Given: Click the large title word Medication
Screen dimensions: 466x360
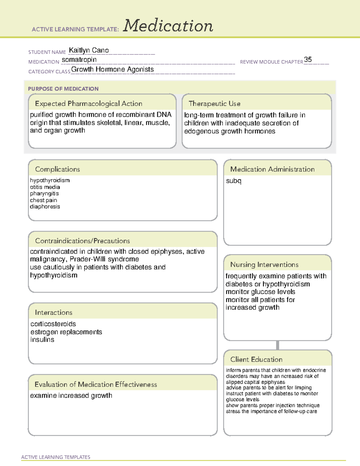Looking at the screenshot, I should coord(168,26).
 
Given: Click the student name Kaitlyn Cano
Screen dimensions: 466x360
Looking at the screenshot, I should coord(89,50).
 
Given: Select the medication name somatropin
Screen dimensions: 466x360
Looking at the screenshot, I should coord(79,60).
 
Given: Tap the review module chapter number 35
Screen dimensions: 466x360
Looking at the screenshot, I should coord(308,59).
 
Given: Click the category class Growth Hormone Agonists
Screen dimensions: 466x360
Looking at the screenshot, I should coord(112,69).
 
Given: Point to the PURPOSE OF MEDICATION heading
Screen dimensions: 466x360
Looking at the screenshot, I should coord(63,89).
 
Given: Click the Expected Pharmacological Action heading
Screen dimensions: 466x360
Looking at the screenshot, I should coord(88,104).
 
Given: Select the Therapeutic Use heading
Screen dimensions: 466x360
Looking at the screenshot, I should coord(214,104).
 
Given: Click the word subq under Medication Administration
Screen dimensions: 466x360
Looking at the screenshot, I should coord(234,181).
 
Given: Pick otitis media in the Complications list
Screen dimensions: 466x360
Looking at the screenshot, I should coord(45,187).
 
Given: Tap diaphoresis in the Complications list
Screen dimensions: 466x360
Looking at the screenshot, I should coord(45,207).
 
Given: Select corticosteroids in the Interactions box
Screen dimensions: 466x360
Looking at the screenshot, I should coord(53,324).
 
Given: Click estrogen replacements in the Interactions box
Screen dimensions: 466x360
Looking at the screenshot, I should coord(66,332).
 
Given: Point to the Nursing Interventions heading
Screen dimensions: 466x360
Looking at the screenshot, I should coord(264,265).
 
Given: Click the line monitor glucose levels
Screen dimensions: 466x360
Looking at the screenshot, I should coord(260,292).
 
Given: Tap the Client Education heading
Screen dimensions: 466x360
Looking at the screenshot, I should coord(256,359).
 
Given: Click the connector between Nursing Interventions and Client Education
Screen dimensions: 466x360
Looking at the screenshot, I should coord(277,345).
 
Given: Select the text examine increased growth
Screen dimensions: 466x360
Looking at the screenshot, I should coord(71,396).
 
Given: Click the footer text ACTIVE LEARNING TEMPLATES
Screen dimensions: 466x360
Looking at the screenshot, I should coord(56,457).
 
